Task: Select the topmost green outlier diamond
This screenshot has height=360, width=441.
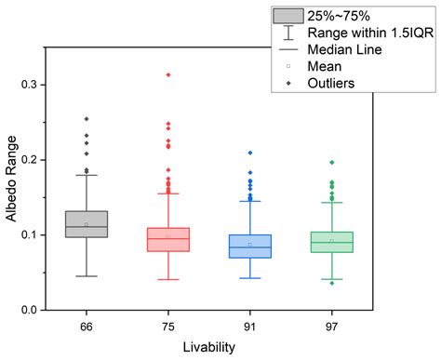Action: (x=331, y=163)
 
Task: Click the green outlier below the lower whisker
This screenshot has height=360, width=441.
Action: (x=331, y=283)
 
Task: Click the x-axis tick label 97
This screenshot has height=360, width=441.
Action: (x=331, y=325)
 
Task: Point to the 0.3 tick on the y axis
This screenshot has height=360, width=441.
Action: (x=53, y=85)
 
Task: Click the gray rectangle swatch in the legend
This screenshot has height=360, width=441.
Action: (x=291, y=16)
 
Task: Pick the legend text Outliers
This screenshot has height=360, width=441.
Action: (x=346, y=83)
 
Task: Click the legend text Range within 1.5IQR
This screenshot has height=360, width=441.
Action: (x=378, y=33)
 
